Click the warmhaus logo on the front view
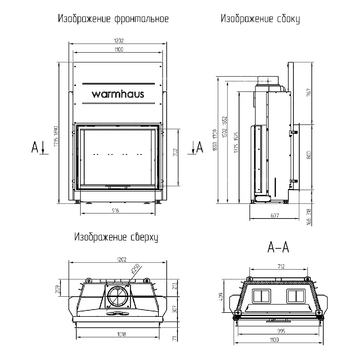118,94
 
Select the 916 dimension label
115,210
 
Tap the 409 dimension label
221,297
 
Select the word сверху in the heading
142,237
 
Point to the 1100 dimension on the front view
118,50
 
